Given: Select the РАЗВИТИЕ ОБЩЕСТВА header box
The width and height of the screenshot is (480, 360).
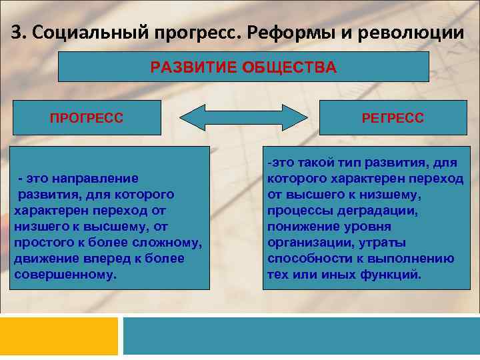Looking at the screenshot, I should [x=243, y=67].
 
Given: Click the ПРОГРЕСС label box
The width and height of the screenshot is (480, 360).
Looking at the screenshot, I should [x=87, y=118].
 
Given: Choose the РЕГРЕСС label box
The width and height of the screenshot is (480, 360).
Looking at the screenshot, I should [x=393, y=118].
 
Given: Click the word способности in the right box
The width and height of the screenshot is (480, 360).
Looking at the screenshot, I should [x=307, y=259].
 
